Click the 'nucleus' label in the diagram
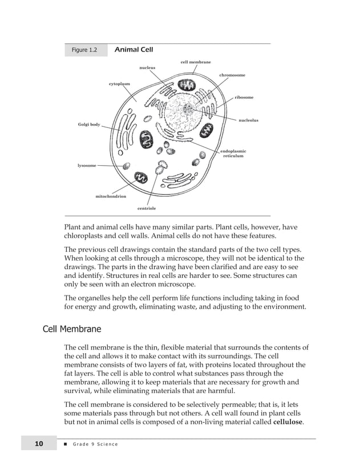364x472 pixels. (147, 68)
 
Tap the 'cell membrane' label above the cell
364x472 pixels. (196, 62)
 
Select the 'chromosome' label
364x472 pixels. (232, 75)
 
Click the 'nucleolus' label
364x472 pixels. (248, 121)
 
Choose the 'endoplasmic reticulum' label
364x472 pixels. (233, 153)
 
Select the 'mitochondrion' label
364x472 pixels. (111, 196)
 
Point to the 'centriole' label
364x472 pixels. (147, 209)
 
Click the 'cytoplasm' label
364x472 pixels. (119, 84)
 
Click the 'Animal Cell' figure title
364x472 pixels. (134, 50)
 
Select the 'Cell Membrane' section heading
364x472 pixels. (72, 330)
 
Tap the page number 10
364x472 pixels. (39, 444)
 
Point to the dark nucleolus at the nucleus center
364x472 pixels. (188, 109)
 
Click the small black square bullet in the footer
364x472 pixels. (66, 445)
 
